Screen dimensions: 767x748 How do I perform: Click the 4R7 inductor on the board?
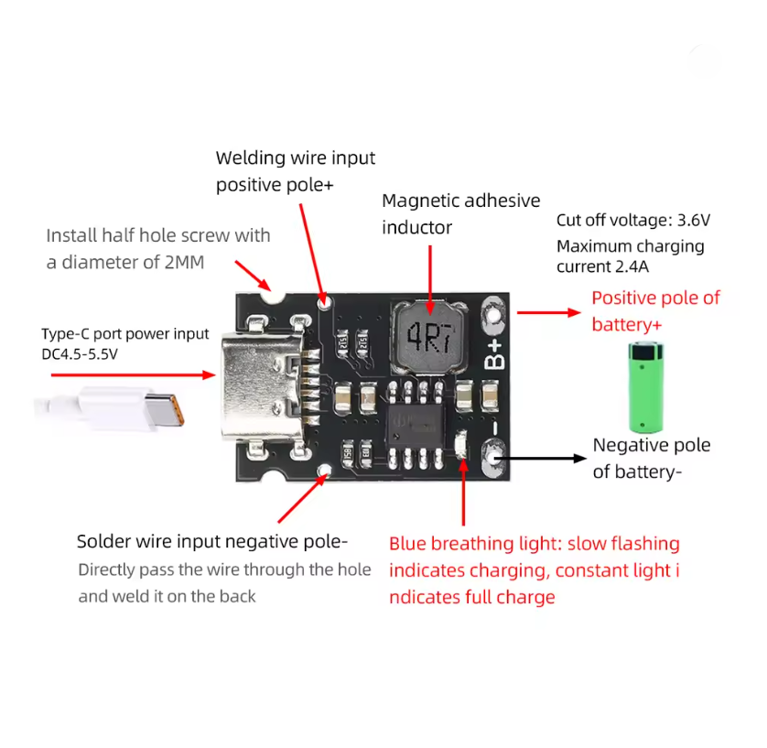click(x=429, y=338)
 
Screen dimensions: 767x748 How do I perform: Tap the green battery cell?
click(x=645, y=387)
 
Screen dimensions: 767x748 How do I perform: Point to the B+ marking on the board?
click(x=494, y=354)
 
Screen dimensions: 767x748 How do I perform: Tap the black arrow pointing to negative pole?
click(x=540, y=459)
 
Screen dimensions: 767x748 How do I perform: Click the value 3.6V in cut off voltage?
click(x=693, y=221)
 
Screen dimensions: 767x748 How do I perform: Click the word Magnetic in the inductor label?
click(x=421, y=201)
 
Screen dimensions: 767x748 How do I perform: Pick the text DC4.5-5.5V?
click(x=80, y=354)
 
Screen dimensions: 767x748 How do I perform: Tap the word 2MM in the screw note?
click(x=184, y=263)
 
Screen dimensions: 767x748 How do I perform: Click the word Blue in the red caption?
click(x=407, y=544)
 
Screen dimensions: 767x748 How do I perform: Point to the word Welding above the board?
click(x=250, y=158)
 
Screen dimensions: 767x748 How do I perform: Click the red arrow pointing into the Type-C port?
click(x=133, y=375)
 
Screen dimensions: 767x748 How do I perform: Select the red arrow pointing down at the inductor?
click(x=430, y=280)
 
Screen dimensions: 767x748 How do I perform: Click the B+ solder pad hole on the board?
click(x=493, y=315)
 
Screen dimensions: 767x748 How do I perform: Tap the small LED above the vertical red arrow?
click(x=460, y=444)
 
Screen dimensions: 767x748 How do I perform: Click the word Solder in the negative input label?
click(x=104, y=542)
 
